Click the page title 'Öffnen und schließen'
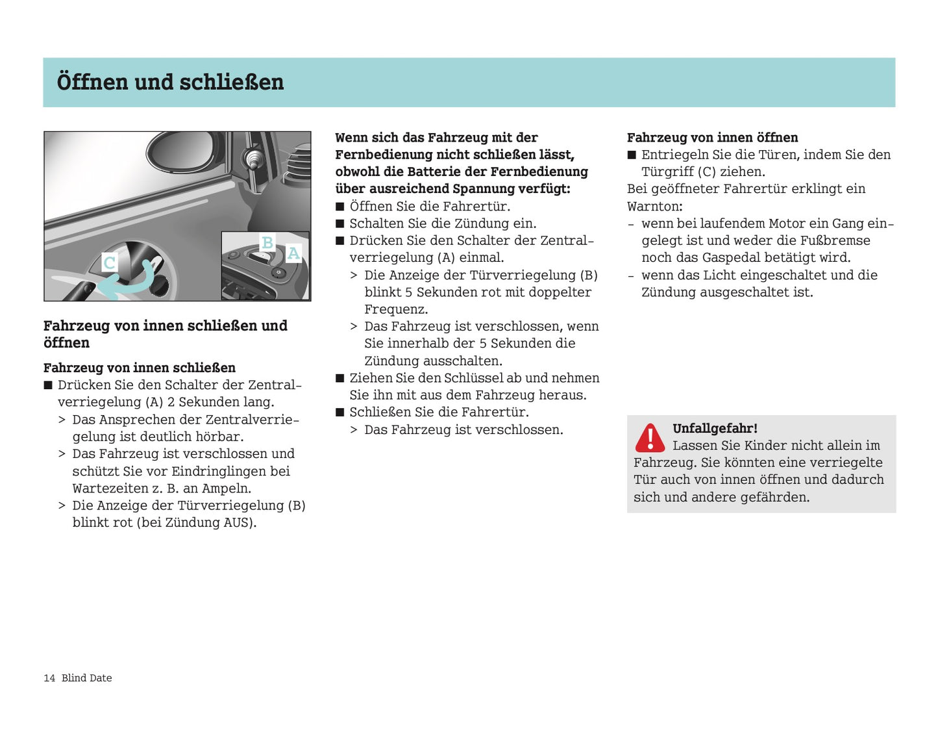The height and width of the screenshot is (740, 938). [x=170, y=83]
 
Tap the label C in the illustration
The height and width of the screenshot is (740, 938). [x=110, y=263]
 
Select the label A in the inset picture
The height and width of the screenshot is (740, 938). [x=293, y=253]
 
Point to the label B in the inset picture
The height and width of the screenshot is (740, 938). [x=267, y=243]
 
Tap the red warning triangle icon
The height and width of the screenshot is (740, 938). [x=649, y=438]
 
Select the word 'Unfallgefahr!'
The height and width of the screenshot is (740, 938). [x=715, y=428]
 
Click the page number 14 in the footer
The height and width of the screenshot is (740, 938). [x=49, y=678]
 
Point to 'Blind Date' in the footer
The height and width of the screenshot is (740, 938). [x=86, y=678]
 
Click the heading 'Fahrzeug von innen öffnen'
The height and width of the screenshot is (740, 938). [x=712, y=138]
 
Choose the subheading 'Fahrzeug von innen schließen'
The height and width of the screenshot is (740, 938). [x=140, y=368]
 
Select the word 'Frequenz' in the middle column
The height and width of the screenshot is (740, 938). [x=395, y=309]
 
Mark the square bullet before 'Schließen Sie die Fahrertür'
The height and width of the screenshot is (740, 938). [x=339, y=413]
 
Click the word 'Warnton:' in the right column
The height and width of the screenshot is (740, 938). [x=654, y=207]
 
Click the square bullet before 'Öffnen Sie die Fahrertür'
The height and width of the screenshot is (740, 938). [x=339, y=207]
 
